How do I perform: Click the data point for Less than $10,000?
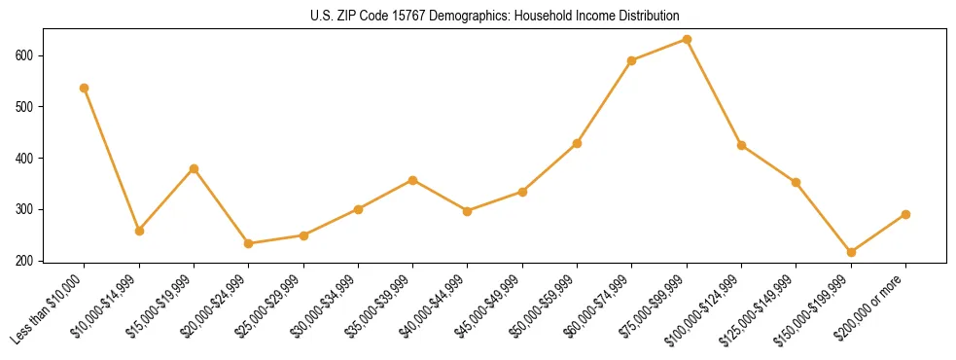pos(85,88)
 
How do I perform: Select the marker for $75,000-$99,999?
pos(687,40)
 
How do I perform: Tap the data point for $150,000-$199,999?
pos(851,252)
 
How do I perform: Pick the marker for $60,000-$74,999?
pos(632,60)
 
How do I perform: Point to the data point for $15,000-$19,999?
pos(194,168)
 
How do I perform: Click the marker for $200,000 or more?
pos(905,214)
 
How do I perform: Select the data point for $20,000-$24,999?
pos(249,243)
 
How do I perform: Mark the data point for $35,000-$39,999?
pos(413,180)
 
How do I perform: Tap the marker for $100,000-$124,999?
pos(741,145)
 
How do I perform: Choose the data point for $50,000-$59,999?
pos(578,143)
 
